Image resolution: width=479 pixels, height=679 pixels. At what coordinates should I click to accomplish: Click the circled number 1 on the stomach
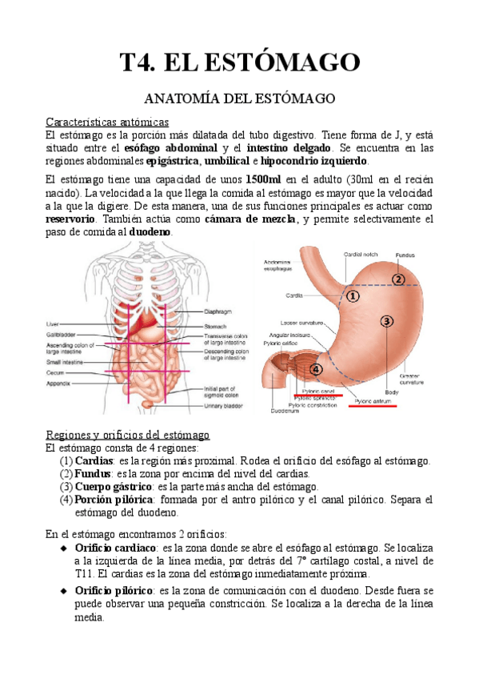pyautogui.click(x=353, y=295)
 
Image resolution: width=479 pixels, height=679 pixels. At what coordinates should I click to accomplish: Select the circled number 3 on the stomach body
pyautogui.click(x=386, y=321)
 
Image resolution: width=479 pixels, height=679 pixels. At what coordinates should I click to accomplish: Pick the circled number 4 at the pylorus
pyautogui.click(x=316, y=369)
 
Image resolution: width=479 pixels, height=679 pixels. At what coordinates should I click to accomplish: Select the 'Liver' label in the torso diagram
pyautogui.click(x=53, y=323)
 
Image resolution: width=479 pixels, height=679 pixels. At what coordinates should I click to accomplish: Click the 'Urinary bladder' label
pyautogui.click(x=224, y=406)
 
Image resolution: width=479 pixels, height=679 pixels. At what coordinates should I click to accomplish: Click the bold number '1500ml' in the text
pyautogui.click(x=265, y=180)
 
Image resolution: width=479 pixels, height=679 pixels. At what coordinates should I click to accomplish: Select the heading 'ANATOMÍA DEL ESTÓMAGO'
pyautogui.click(x=239, y=99)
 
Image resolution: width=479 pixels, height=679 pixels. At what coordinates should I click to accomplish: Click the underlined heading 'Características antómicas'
pyautogui.click(x=106, y=123)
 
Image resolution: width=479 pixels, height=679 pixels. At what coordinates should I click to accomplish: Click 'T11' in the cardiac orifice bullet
pyautogui.click(x=70, y=574)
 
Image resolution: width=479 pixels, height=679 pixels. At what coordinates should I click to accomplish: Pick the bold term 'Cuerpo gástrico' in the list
pyautogui.click(x=112, y=486)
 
